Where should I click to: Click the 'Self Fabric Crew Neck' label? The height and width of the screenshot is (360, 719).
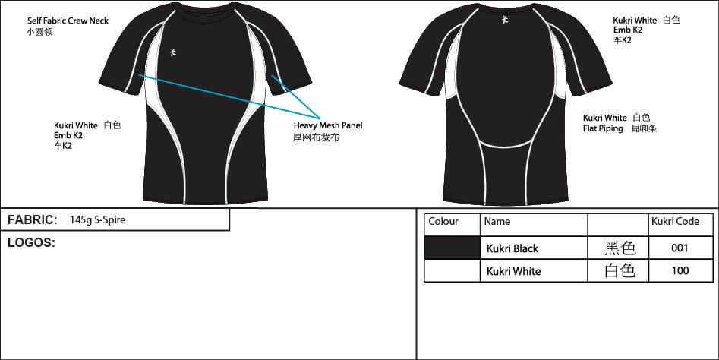tap(68, 21)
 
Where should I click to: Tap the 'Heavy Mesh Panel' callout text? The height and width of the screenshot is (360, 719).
tap(328, 125)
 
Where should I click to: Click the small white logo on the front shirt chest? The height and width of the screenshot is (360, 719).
tap(173, 52)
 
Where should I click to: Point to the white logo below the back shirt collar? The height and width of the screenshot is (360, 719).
tap(505, 20)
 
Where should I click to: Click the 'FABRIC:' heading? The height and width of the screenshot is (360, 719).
tap(33, 219)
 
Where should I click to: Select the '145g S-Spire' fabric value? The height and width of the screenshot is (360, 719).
tap(98, 219)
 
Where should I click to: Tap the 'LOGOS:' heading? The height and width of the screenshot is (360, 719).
tap(31, 242)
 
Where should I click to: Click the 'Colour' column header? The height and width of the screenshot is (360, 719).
tap(443, 222)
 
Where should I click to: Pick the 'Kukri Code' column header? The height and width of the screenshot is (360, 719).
tap(675, 221)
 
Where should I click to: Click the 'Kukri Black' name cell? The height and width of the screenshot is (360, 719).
tap(512, 248)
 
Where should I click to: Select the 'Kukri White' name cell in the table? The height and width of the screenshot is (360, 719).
tap(513, 271)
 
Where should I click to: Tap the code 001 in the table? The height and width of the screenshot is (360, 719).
tap(680, 248)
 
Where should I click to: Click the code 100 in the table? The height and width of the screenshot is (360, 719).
tap(680, 270)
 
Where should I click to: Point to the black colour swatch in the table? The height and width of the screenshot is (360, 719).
tap(452, 248)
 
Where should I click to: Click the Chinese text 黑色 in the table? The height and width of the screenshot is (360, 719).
tap(620, 248)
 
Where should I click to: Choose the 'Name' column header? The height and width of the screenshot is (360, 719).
tap(497, 222)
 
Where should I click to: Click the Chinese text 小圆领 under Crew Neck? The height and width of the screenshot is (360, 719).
tap(40, 32)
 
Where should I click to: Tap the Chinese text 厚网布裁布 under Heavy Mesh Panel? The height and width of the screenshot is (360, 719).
tap(316, 137)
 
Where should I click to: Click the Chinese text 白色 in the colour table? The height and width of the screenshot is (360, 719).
tap(620, 270)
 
